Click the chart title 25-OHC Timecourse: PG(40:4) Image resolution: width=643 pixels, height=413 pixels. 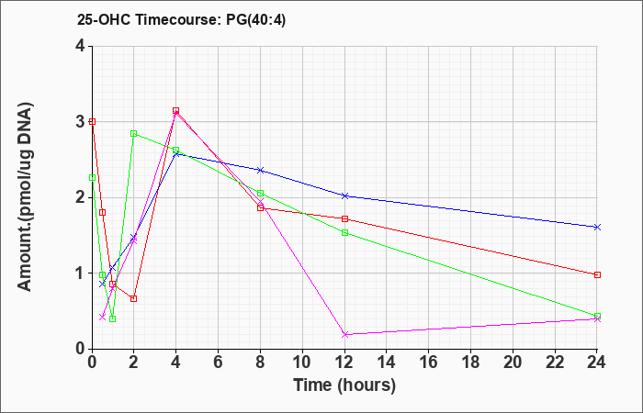click(181, 19)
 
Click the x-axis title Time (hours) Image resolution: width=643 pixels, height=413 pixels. click(344, 385)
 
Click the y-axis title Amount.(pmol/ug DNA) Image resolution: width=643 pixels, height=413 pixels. click(26, 197)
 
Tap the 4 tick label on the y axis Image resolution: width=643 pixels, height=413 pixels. click(81, 46)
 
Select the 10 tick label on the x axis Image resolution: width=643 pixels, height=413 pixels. click(302, 363)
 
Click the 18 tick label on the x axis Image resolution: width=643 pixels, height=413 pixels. click(470, 363)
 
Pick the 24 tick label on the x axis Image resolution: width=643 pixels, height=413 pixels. click(597, 363)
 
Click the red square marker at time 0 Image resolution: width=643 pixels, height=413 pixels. click(92, 122)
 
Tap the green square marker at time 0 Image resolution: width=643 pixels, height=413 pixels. click(92, 178)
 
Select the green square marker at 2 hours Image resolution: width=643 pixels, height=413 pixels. click(134, 134)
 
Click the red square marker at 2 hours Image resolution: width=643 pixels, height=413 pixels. click(134, 298)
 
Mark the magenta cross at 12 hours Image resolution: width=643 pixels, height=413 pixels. click(344, 335)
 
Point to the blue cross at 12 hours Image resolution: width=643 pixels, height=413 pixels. click(344, 195)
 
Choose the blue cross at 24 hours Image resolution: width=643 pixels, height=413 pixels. click(597, 227)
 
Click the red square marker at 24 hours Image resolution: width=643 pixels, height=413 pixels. click(597, 275)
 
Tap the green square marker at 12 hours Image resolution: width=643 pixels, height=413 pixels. click(344, 233)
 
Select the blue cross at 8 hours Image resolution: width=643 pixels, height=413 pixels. click(260, 170)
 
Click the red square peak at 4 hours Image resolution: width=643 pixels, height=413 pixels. click(176, 111)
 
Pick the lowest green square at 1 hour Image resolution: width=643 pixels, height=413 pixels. click(113, 318)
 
